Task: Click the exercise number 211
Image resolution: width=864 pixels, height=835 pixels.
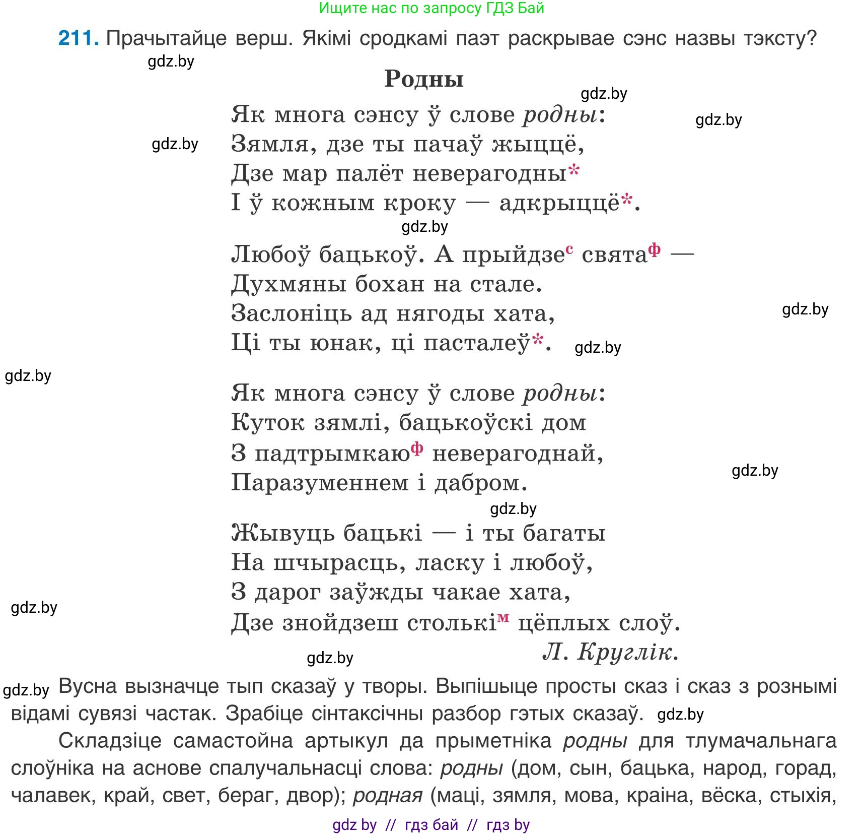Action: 78,38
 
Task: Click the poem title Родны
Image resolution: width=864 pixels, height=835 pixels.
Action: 424,79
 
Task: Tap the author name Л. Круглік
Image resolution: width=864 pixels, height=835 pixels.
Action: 610,652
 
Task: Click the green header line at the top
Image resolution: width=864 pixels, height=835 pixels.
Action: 431,8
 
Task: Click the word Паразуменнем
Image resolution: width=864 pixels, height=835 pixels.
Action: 320,483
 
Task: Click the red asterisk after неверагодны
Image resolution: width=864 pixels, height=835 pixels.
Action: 574,170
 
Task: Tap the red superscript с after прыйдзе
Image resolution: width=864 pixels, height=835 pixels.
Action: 569,249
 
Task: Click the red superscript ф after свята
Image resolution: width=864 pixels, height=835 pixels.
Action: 654,249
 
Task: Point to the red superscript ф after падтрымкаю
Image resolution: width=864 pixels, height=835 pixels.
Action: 416,448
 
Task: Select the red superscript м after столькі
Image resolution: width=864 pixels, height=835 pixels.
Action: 503,618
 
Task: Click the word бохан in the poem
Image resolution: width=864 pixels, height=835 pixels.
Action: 390,284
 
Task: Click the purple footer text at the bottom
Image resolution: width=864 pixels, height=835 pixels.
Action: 431,825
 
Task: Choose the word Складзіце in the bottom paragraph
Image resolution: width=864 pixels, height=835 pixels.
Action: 110,741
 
